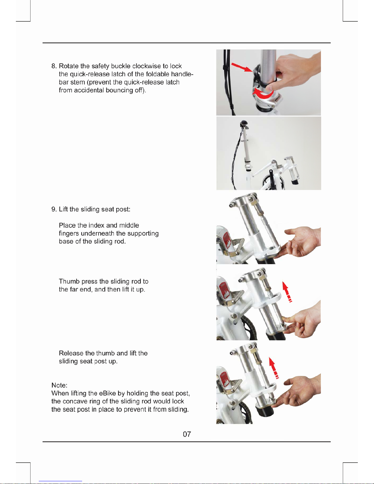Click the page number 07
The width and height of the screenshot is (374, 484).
pos(187,434)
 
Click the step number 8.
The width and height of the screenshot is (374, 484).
pos(54,66)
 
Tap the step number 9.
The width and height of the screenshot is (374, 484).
pos(54,209)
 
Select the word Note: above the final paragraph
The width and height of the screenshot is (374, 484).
pos(59,385)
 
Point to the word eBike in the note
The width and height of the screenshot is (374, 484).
pos(107,393)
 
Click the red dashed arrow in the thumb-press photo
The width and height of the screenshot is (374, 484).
pos(287,292)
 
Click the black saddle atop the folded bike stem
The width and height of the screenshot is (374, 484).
pos(244,123)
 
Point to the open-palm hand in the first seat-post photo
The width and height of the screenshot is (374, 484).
pos(300,242)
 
